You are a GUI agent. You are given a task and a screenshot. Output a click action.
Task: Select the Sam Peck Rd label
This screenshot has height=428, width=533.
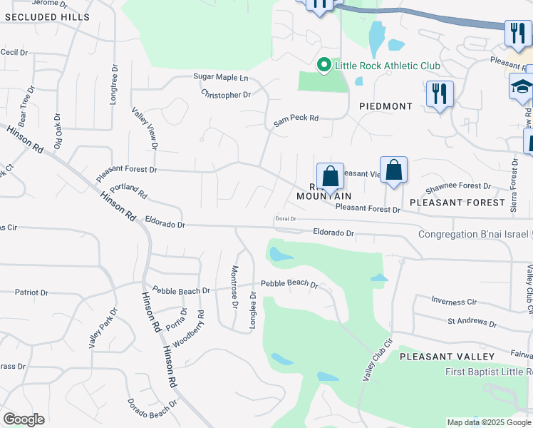(x=296, y=121)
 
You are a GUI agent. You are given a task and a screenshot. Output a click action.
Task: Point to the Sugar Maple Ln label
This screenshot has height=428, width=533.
(x=221, y=77)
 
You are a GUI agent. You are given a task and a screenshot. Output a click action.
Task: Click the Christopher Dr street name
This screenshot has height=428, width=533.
(x=226, y=94)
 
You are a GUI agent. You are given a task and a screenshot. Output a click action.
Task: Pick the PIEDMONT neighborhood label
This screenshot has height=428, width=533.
(x=386, y=106)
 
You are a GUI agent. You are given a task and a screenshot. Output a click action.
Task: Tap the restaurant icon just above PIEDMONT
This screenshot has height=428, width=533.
(x=440, y=94)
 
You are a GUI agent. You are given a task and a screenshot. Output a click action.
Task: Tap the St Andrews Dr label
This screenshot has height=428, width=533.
(x=472, y=322)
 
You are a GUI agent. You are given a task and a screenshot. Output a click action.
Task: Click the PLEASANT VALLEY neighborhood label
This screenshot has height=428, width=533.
(x=447, y=356)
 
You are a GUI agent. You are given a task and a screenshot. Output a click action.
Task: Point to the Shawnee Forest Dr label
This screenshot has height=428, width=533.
(x=459, y=187)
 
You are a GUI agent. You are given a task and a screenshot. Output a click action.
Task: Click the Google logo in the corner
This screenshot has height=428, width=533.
(x=24, y=419)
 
